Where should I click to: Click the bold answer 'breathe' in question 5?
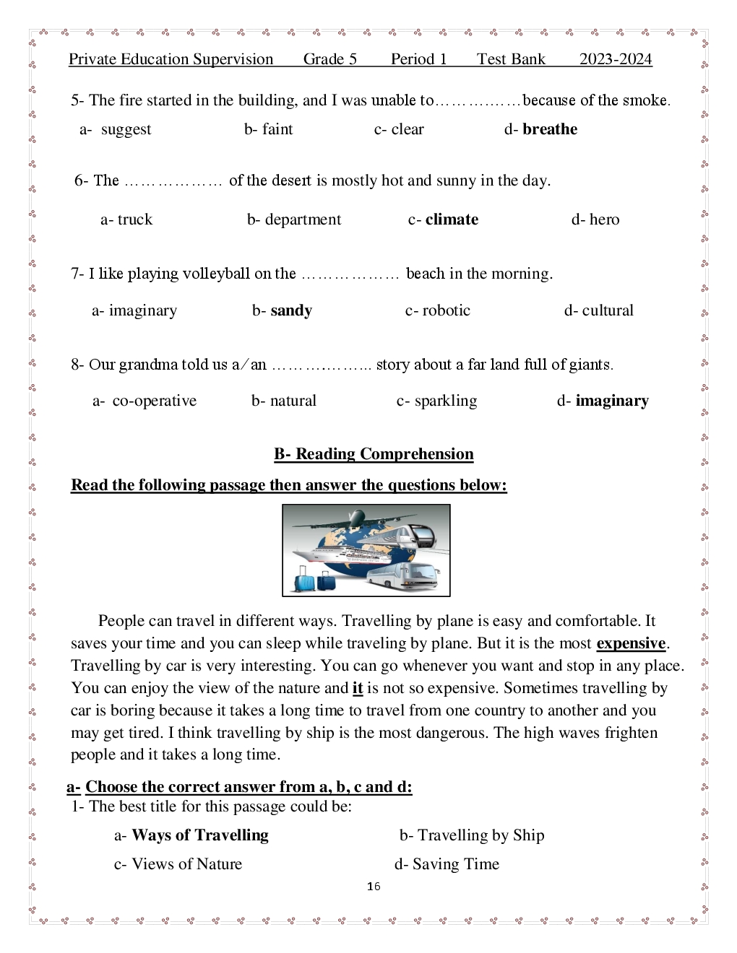click(x=549, y=129)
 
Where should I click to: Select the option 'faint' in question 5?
click(x=277, y=129)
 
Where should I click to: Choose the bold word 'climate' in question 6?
click(x=452, y=219)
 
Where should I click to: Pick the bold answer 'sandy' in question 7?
click(x=291, y=310)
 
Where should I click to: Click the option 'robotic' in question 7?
click(x=446, y=310)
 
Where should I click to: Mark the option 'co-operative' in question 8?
click(x=154, y=401)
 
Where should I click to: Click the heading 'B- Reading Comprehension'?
click(x=374, y=454)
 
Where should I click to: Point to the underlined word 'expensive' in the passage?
click(x=631, y=643)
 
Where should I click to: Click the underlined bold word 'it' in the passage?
click(x=358, y=688)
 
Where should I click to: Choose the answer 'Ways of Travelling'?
click(x=199, y=835)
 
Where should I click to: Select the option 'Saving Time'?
click(x=455, y=864)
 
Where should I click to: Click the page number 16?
click(x=374, y=887)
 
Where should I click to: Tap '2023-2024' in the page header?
click(x=616, y=59)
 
